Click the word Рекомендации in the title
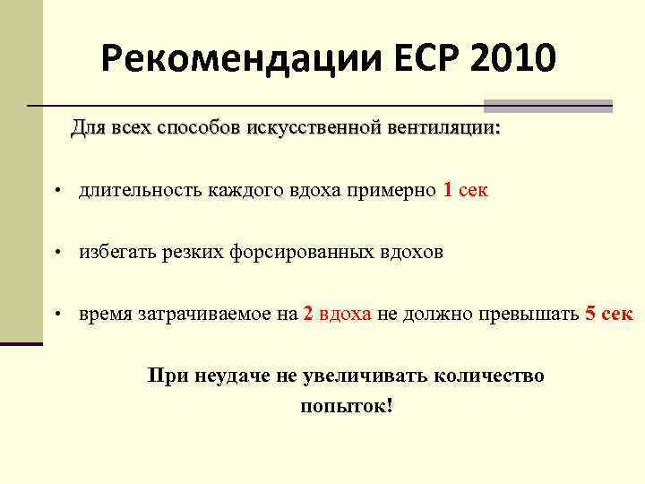pos(242,59)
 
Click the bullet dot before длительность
pos(56,192)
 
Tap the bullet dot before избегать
pos(56,254)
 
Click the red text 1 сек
pos(466,190)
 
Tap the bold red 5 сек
pos(608,314)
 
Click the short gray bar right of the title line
pos(548,106)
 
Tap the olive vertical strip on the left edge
pos(21,170)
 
